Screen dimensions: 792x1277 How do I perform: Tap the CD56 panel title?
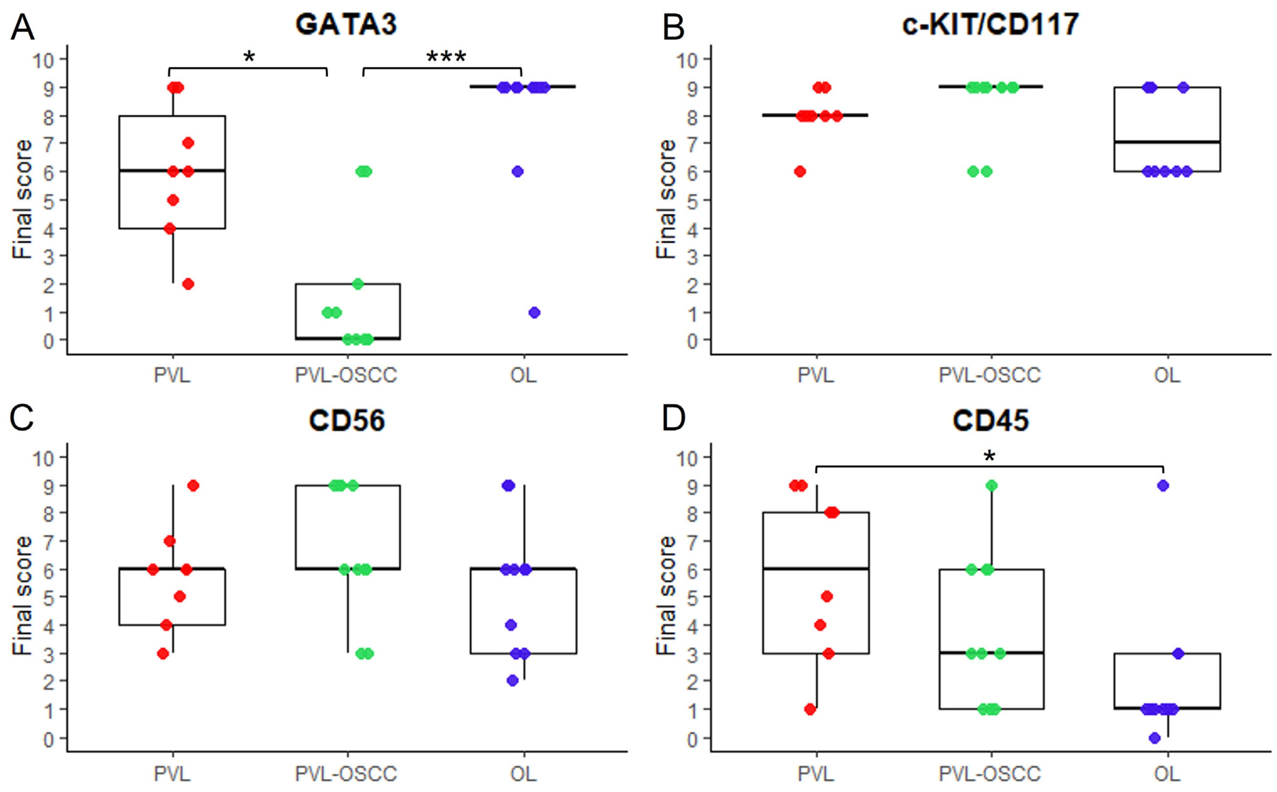[x=346, y=421]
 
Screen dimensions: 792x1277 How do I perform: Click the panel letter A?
[x=22, y=27]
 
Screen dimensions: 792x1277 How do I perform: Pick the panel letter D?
[x=673, y=419]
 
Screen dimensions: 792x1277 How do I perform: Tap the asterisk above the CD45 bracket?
[x=989, y=456]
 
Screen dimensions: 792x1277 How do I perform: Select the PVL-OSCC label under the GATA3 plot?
[x=346, y=375]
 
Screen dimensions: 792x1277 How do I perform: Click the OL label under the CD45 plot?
[x=1167, y=773]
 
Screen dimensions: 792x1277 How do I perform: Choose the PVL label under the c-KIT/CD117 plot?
[x=815, y=375]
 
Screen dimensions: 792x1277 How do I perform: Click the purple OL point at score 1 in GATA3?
[x=534, y=313]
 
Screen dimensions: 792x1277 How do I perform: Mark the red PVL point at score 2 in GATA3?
[x=188, y=284]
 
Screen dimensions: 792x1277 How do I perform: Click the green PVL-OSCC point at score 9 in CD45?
[x=991, y=485]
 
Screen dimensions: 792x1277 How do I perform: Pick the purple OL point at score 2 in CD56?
[x=512, y=681]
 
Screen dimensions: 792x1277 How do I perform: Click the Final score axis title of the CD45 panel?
[x=666, y=596]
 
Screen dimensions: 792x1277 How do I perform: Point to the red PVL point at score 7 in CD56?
[x=170, y=541]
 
